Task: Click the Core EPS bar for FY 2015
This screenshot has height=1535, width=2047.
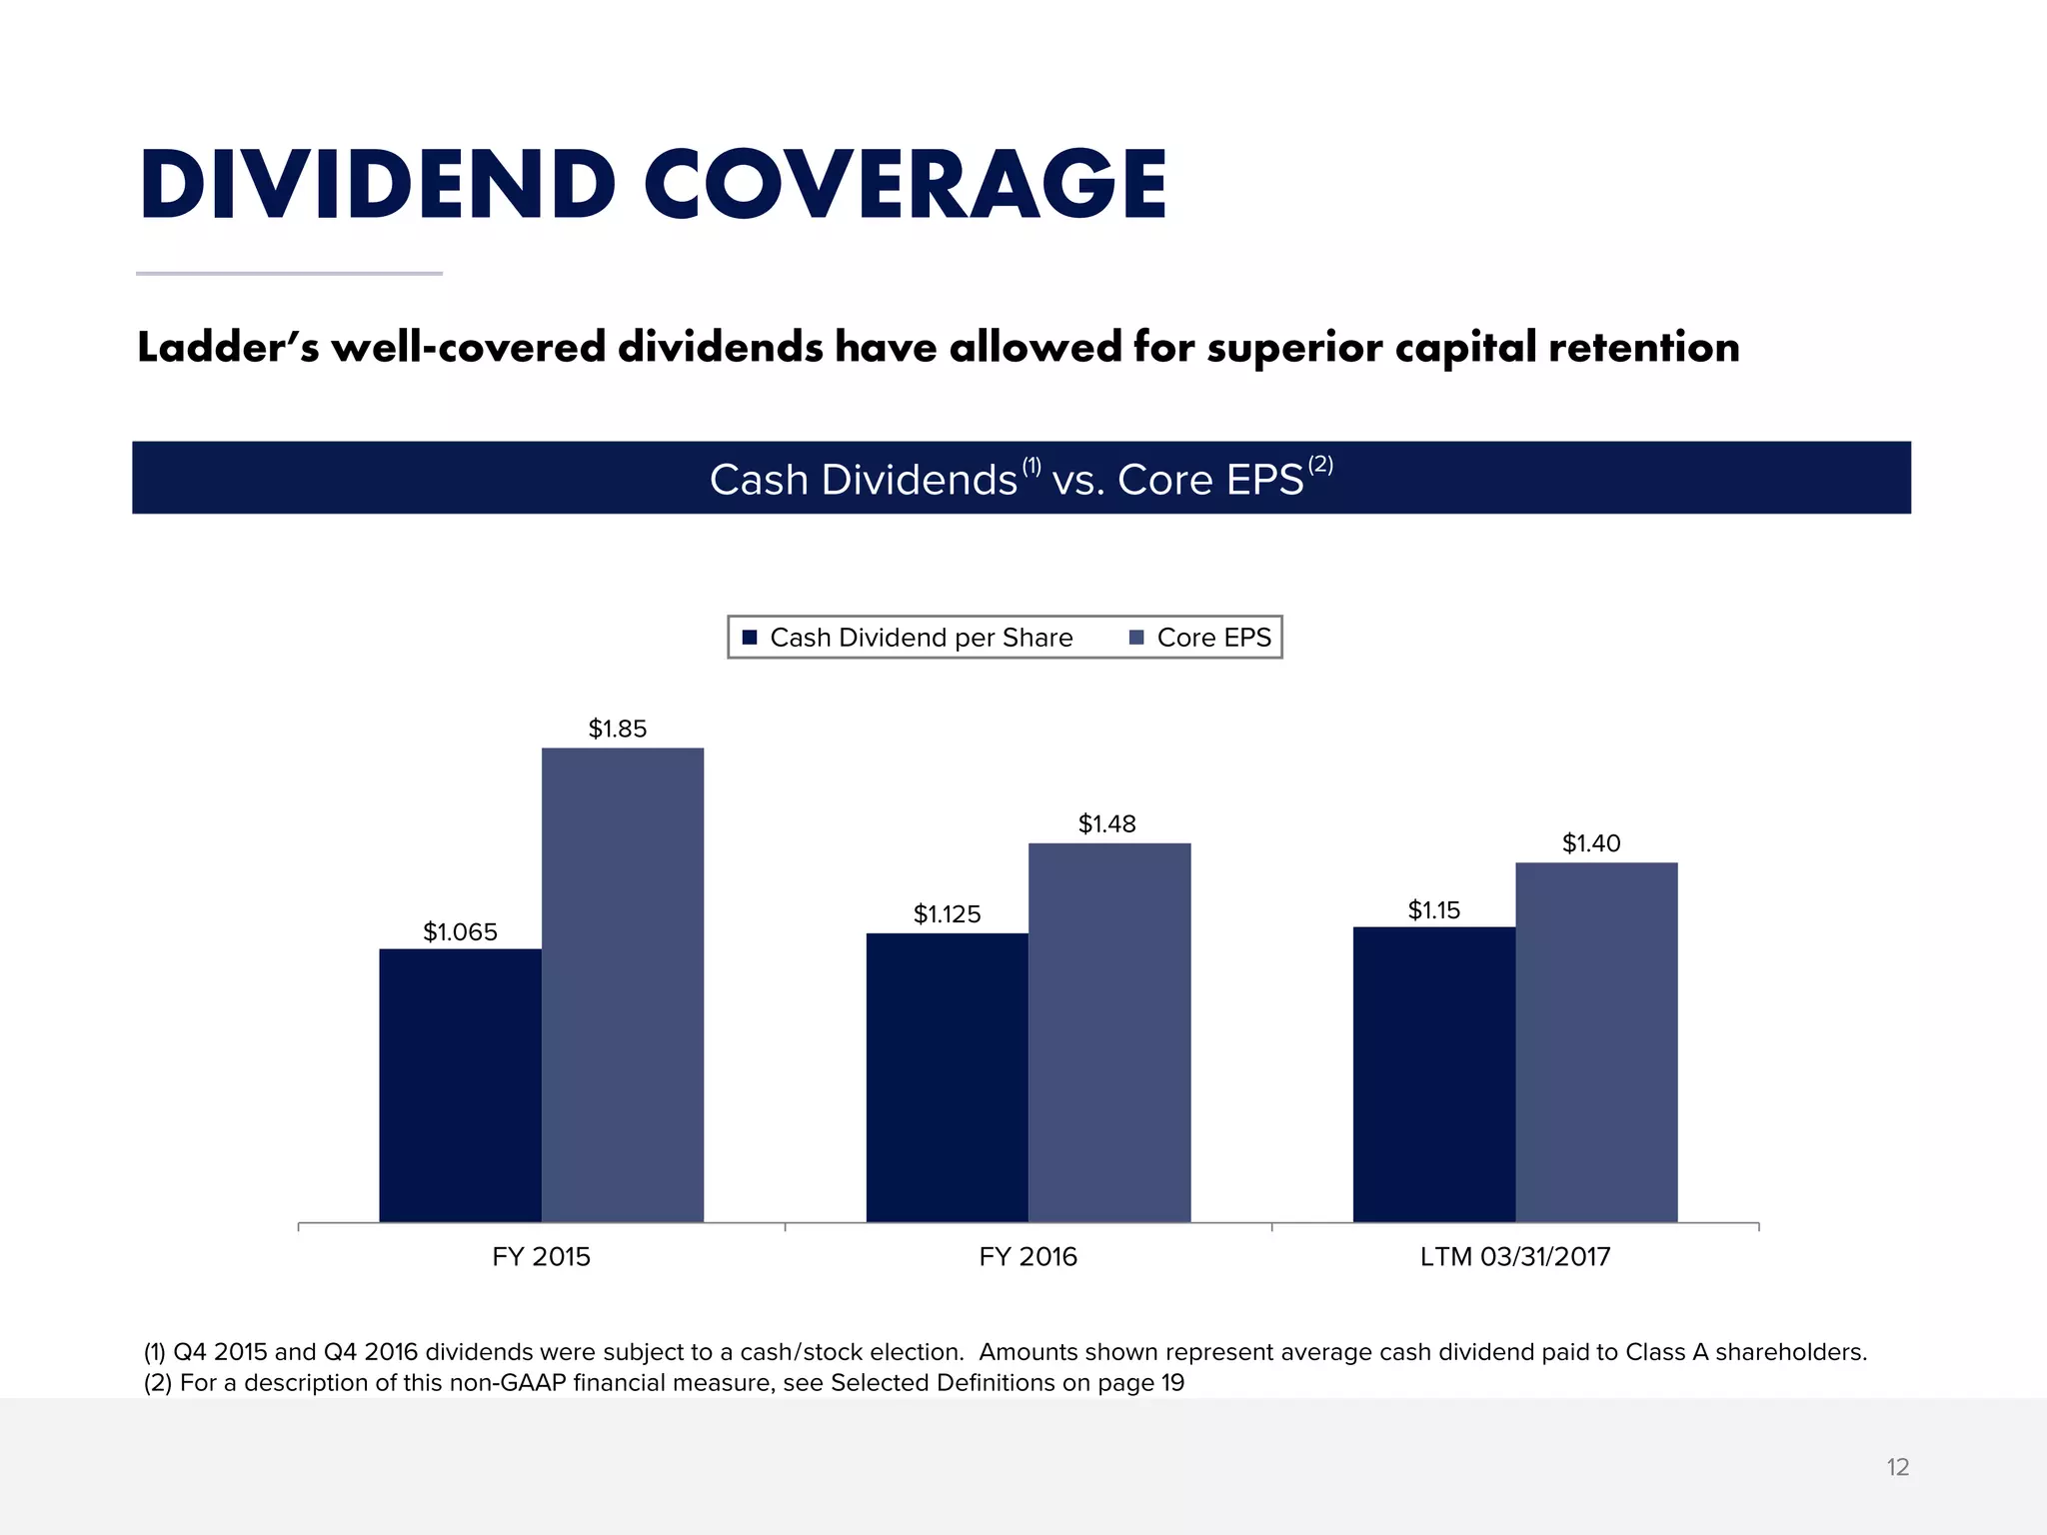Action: point(622,984)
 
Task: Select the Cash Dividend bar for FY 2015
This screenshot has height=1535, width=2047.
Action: point(460,1084)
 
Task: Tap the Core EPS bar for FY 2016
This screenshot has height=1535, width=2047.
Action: point(1109,1031)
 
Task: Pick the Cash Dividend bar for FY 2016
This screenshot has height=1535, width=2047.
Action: point(947,1077)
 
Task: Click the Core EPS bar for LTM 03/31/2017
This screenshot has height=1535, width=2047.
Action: point(1596,1041)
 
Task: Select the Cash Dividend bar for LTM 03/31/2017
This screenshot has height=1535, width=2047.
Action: point(1433,1074)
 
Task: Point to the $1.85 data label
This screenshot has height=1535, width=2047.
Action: point(618,729)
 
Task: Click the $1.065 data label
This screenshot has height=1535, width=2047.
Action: point(460,931)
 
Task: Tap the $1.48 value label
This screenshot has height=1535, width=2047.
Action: point(1106,823)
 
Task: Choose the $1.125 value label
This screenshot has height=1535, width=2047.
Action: point(947,913)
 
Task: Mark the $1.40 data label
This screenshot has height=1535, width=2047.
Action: point(1591,842)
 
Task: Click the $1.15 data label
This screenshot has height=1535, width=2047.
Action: point(1433,909)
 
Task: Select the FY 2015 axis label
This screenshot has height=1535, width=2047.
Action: point(541,1256)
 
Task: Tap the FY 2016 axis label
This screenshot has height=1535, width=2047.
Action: point(1027,1256)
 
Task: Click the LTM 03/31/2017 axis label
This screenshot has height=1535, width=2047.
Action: point(1515,1256)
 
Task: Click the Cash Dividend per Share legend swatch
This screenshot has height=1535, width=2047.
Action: point(750,638)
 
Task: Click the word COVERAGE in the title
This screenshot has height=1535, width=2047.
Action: point(905,185)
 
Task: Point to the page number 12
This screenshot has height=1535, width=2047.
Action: point(1897,1467)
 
